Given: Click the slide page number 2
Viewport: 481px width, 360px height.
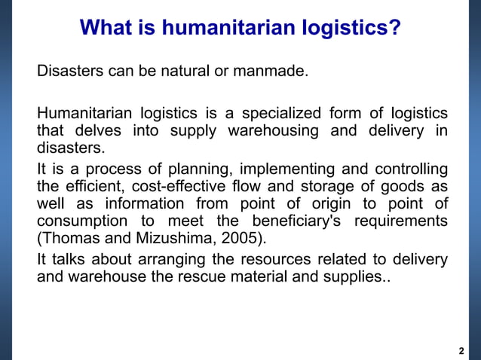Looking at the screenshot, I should [461, 351].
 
